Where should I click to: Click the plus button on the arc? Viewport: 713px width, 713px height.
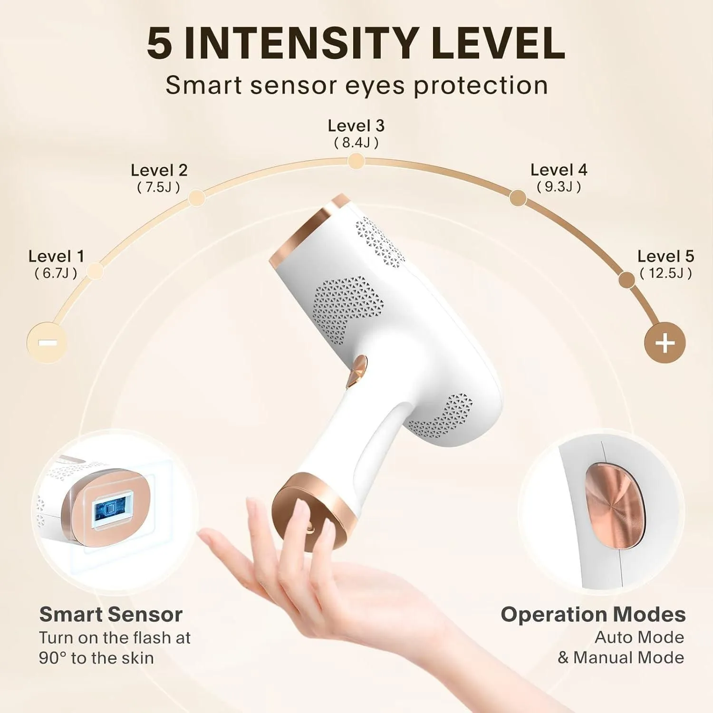665,343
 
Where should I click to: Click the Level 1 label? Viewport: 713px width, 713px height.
56,256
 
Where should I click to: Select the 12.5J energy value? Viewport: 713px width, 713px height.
665,273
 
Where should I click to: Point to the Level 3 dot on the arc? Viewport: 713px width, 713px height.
356,162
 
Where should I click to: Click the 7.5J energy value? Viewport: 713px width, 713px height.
158,187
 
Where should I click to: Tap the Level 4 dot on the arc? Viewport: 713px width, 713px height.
518,197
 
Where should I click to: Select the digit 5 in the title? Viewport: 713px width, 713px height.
159,43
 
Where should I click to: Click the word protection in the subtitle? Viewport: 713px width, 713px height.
481,86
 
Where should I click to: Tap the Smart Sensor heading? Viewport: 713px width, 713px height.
111,614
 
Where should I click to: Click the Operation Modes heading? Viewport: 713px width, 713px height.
593,614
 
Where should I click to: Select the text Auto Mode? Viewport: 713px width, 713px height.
639,637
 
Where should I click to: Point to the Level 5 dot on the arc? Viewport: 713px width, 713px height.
626,279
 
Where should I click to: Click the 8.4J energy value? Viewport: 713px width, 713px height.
356,143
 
